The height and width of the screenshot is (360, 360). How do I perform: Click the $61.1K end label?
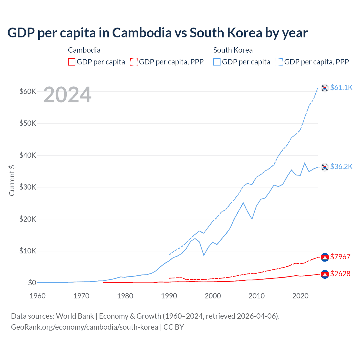pyautogui.click(x=341, y=87)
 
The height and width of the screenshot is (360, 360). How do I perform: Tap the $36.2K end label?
pyautogui.click(x=341, y=166)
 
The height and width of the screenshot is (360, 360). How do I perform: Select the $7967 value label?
pyautogui.click(x=340, y=257)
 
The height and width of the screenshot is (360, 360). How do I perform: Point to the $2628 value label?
pyautogui.click(x=340, y=274)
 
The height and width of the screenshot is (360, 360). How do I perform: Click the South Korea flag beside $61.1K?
pyautogui.click(x=325, y=88)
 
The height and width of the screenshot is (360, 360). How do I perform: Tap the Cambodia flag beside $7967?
pyautogui.click(x=325, y=257)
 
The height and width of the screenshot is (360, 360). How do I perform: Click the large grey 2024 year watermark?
pyautogui.click(x=67, y=95)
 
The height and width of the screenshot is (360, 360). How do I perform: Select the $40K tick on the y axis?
pyautogui.click(x=28, y=155)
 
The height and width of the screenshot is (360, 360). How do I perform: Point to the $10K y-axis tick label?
pyautogui.click(x=28, y=251)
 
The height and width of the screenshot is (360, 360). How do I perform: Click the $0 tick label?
pyautogui.click(x=32, y=283)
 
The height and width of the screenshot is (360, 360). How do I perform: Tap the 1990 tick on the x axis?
pyautogui.click(x=169, y=296)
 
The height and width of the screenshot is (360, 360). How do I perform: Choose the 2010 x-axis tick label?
pyautogui.click(x=256, y=296)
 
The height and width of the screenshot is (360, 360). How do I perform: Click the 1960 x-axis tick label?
pyautogui.click(x=38, y=296)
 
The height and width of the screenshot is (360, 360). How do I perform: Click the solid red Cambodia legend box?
pyautogui.click(x=72, y=62)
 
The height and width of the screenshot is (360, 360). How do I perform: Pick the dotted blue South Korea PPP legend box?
pyautogui.click(x=279, y=62)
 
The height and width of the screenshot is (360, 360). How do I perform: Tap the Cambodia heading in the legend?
pyautogui.click(x=84, y=50)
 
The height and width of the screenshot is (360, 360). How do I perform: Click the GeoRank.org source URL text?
pyautogui.click(x=84, y=327)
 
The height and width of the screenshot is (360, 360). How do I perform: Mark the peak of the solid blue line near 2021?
pyautogui.click(x=305, y=163)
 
